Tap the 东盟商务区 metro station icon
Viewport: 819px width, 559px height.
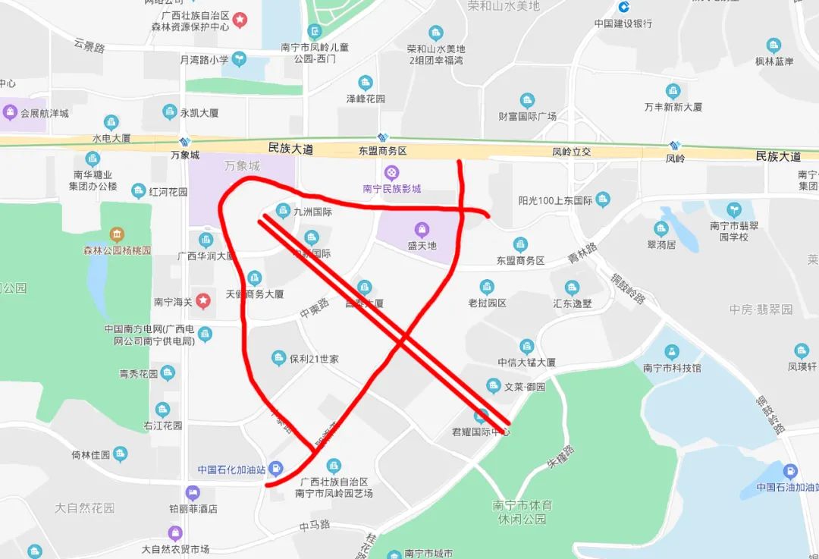pos(383,138)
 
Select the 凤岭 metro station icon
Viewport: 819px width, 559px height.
pos(675,145)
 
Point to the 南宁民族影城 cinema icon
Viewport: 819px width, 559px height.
pos(391,173)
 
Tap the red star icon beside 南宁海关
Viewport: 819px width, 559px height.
pos(203,301)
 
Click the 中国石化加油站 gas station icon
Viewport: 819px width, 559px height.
pos(278,468)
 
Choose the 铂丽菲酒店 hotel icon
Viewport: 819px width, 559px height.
pos(193,492)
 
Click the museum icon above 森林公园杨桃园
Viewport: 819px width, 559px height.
pos(117,234)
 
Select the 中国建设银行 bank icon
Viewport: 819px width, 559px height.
pos(623,7)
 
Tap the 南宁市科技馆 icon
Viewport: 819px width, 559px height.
pos(671,352)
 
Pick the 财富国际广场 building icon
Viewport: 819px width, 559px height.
pos(527,100)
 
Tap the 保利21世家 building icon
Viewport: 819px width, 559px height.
pos(278,358)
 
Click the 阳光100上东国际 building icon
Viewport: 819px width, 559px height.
pos(603,200)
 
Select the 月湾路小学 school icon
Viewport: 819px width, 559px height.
pos(239,59)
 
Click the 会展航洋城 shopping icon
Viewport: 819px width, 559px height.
pos(11,113)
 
